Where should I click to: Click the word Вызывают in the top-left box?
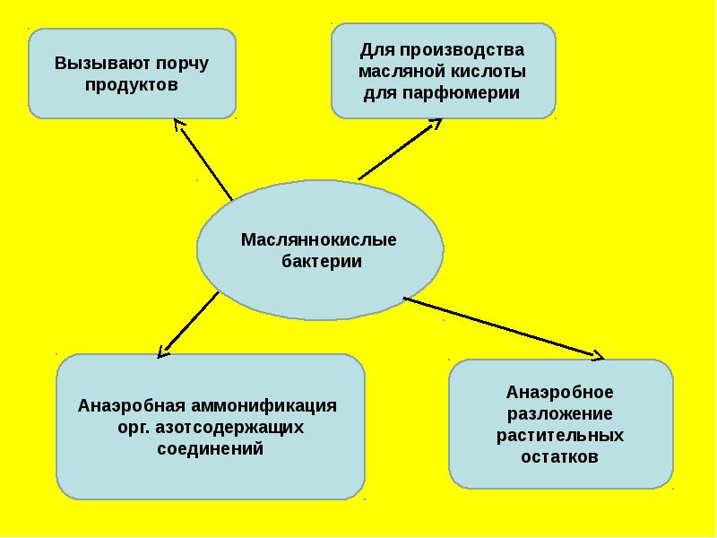tap(90, 65)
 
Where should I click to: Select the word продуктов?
tap(133, 85)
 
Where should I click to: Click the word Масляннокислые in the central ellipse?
tap(318, 240)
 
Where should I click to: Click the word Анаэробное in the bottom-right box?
tap(559, 392)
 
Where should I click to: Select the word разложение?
tap(559, 413)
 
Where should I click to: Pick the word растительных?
tap(559, 435)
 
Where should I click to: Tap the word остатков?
tap(559, 456)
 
